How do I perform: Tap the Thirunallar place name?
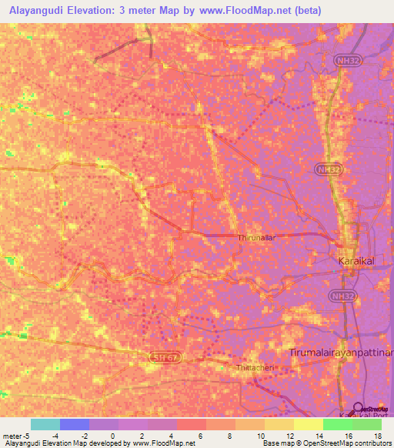(x=256, y=239)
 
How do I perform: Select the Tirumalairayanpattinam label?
(x=340, y=352)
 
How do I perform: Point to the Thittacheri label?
(x=253, y=367)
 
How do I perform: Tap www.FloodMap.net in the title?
(x=242, y=10)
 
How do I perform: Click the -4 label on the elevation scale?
(x=53, y=435)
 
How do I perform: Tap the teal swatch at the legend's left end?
(x=45, y=424)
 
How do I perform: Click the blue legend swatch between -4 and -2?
(x=74, y=424)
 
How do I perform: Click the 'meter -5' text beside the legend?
(x=15, y=435)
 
